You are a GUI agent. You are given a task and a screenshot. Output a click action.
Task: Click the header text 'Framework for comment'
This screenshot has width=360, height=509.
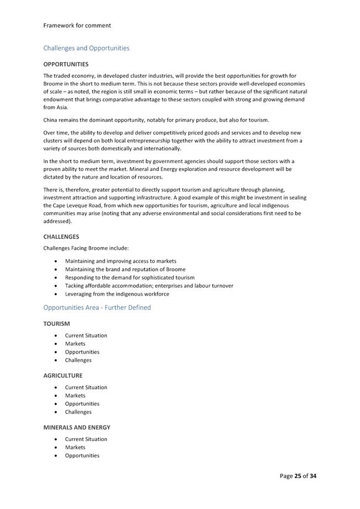77,25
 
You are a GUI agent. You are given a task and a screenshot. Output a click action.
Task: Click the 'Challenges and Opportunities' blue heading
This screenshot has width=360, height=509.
86,48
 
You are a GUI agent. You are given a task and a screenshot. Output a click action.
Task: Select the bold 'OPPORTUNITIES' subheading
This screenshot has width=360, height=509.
66,65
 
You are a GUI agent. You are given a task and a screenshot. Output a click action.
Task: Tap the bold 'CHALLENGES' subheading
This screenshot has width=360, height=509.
61,237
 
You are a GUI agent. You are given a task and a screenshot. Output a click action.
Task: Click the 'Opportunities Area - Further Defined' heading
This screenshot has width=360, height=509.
97,308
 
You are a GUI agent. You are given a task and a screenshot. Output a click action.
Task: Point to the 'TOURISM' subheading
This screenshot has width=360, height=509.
57,324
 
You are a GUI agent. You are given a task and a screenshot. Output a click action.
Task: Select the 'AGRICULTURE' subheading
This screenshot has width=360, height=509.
63,376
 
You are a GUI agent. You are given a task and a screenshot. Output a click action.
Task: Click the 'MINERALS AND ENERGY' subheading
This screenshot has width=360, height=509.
77,427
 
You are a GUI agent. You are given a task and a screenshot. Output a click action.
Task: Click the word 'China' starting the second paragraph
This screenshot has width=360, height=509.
51,120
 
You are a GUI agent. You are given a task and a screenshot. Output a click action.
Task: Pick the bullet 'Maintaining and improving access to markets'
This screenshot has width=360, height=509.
120,261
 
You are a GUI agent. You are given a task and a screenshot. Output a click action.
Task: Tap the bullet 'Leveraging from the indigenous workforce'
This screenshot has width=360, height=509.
117,294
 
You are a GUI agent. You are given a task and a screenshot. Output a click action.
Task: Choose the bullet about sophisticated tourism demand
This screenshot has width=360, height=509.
130,277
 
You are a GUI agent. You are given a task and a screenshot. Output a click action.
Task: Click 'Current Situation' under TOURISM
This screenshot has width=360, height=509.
86,335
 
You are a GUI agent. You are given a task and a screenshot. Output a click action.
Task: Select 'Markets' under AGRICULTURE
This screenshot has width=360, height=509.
75,395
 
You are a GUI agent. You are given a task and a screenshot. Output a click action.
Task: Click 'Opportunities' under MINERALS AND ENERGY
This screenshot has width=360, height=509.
82,456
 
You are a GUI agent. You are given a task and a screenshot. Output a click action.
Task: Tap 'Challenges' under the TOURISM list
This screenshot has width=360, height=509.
78,360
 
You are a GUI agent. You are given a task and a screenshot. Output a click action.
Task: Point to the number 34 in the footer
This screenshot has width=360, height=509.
313,476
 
